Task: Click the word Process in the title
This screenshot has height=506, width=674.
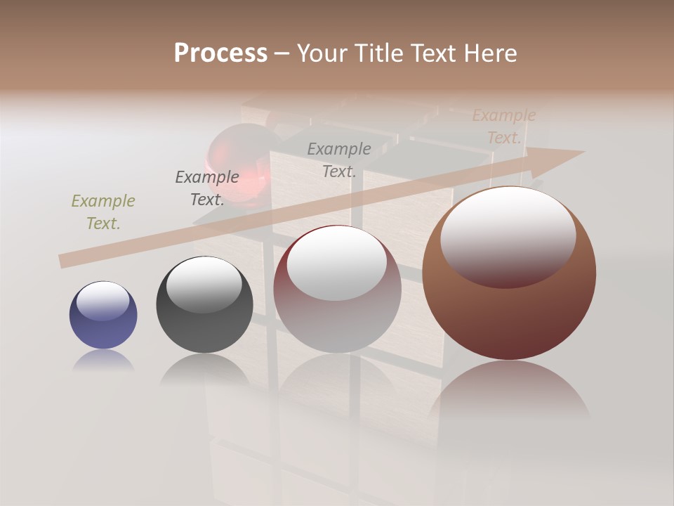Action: [220, 53]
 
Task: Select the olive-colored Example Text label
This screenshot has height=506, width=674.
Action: [103, 212]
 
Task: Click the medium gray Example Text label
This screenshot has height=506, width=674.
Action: [339, 160]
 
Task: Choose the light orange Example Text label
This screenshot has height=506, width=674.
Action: [504, 126]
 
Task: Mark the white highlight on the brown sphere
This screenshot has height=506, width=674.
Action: [508, 235]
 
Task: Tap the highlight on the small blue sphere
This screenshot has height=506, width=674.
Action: [103, 301]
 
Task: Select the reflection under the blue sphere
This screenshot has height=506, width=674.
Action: [103, 360]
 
